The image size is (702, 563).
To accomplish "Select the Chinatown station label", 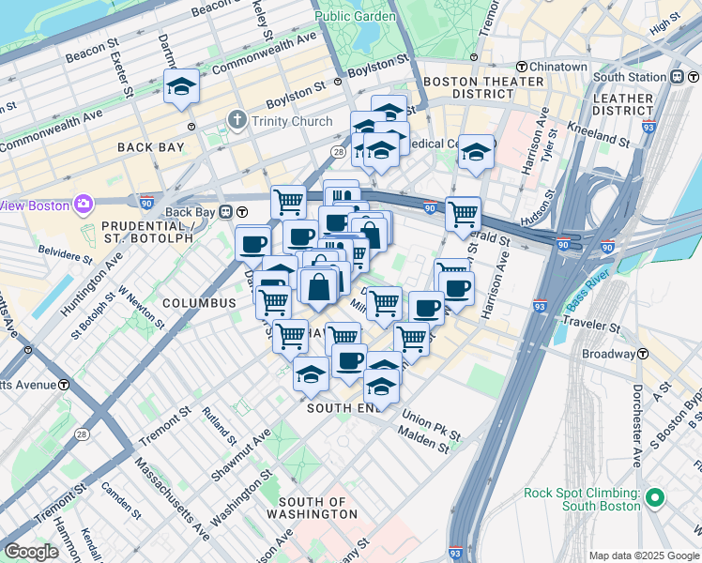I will (557, 67).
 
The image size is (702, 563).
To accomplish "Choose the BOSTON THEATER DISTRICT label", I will (483, 88).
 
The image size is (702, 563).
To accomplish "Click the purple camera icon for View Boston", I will (83, 204).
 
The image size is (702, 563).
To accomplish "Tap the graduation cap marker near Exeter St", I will (181, 88).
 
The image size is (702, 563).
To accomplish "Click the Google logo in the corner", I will (31, 552).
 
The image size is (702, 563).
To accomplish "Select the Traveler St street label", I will (591, 327).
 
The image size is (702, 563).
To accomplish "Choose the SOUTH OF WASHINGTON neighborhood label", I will (311, 508).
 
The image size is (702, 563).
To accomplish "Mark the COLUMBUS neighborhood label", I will (198, 303).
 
